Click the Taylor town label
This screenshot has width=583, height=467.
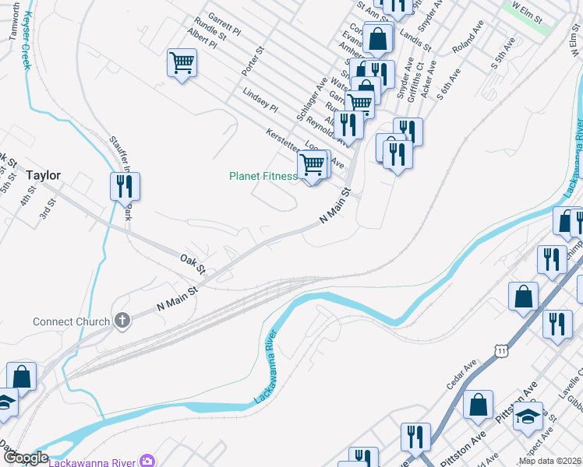[x=43, y=175]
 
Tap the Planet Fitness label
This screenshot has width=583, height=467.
[x=263, y=177]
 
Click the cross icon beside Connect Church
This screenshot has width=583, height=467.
[x=122, y=320]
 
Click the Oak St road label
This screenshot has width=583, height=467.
[x=192, y=263]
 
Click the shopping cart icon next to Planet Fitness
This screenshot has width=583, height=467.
[x=312, y=165]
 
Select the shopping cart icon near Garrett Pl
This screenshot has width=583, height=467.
[x=182, y=61]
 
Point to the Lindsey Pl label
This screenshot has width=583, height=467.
[x=260, y=100]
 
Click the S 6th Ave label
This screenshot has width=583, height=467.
[x=449, y=82]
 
